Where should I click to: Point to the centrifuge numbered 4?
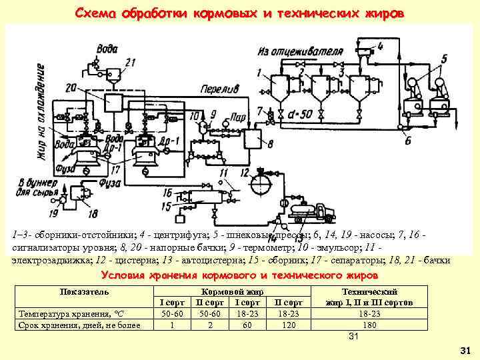(365, 50)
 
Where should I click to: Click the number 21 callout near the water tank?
(129, 63)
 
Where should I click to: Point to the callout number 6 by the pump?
(408, 141)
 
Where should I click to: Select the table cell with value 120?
(288, 325)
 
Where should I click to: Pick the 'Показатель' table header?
(85, 292)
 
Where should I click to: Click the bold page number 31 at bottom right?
(465, 350)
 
